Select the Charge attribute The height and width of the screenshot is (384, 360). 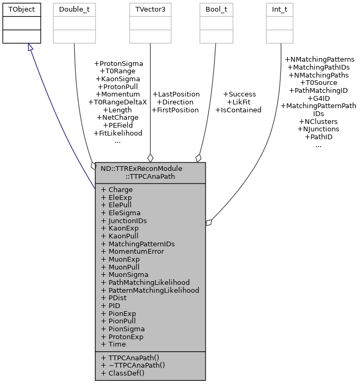pos(120,190)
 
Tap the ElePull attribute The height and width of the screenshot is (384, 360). pos(120,205)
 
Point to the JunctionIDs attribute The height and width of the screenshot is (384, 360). pos(127,220)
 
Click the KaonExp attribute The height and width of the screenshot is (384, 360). pos(123,228)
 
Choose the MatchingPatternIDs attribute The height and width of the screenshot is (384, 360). pos(141,244)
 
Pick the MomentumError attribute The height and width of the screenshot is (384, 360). pos(136,252)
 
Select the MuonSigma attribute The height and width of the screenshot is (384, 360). pos(128,275)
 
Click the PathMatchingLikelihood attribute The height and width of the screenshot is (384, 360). pos(149,282)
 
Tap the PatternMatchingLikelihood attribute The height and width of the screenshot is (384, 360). pos(153,290)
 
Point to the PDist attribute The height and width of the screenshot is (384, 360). pos(117,298)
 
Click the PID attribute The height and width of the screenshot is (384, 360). pos(114,305)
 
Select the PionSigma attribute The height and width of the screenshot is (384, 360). pos(127,329)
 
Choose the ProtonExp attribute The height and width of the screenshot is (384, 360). pos(125,337)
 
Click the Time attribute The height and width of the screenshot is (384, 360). pos(117,344)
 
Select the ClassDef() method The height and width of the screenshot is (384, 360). pos(126,373)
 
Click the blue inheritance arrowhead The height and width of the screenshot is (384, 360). pos(31,47)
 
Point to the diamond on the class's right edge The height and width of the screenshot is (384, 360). pos(209,223)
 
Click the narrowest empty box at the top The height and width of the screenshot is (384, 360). pos(279,23)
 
